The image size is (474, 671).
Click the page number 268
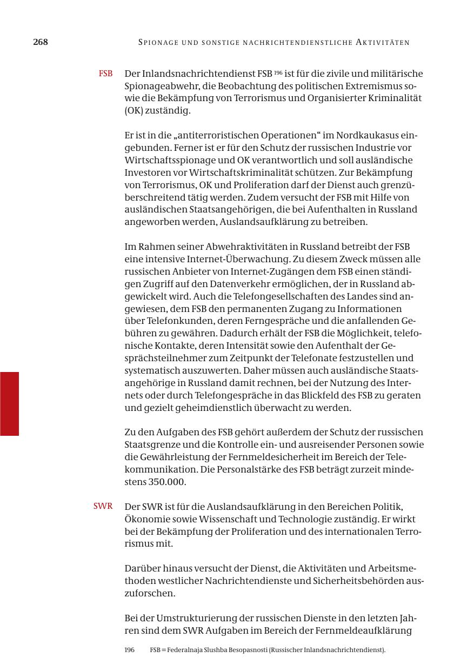(41, 42)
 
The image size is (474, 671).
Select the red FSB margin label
(105, 74)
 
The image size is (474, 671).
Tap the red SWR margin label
(103, 506)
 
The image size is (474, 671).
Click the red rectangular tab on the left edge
(9, 403)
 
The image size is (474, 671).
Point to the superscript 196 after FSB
(278, 71)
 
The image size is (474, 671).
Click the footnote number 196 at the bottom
(130, 650)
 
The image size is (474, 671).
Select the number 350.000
(167, 482)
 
